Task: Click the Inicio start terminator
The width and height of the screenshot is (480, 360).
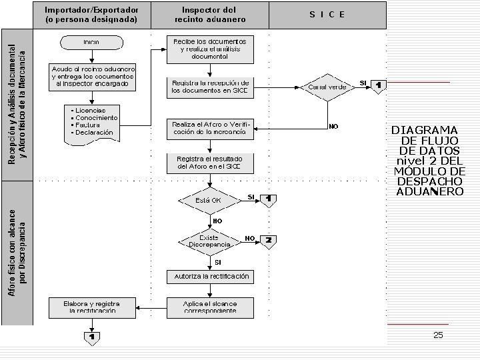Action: coord(92,42)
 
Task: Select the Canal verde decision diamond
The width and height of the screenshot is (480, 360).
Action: coord(327,87)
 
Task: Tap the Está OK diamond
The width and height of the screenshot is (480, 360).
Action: coord(209,200)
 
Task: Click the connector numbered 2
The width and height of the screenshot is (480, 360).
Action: coord(268,240)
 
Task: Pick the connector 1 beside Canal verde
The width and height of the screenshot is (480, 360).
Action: coord(379,86)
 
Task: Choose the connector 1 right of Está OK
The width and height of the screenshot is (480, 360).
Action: coord(268,199)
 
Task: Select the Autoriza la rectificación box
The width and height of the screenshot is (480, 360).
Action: coord(211,276)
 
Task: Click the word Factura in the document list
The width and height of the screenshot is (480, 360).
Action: coord(87,125)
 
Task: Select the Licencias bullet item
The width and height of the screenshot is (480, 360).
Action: coord(91,110)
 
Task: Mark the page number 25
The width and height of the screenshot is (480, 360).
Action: coord(438,335)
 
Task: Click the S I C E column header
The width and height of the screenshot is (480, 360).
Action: coord(327,15)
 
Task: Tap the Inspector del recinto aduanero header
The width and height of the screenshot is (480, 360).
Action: coord(209,15)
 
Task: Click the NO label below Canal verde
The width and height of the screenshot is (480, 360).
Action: coord(334,126)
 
